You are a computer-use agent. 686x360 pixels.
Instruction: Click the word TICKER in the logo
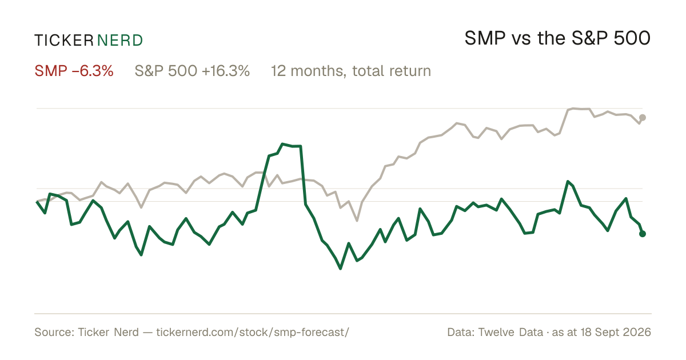point(64,41)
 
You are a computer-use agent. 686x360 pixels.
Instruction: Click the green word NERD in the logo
point(120,41)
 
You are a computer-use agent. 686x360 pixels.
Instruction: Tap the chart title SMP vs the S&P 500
point(557,38)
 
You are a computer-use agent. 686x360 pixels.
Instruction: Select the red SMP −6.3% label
point(74,71)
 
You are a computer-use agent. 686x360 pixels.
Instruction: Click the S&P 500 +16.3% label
point(192,71)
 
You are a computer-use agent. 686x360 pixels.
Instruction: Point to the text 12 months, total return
point(351,71)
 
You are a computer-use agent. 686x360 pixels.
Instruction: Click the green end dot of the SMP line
point(643,234)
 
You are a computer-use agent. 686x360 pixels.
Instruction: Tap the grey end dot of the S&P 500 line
point(643,118)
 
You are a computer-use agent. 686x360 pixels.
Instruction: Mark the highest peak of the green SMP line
point(282,143)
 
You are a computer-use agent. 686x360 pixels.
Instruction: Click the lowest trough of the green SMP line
point(340,269)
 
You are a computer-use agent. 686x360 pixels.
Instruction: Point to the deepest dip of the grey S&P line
point(357,221)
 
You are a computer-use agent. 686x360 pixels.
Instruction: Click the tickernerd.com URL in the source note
point(253,333)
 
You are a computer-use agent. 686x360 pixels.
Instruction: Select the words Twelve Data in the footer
point(510,333)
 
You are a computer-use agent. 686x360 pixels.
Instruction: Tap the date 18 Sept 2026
point(616,333)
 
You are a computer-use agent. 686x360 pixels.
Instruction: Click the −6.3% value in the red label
point(93,71)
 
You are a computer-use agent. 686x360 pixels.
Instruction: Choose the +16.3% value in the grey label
point(226,71)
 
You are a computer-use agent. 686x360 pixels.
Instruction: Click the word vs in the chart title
point(521,40)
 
